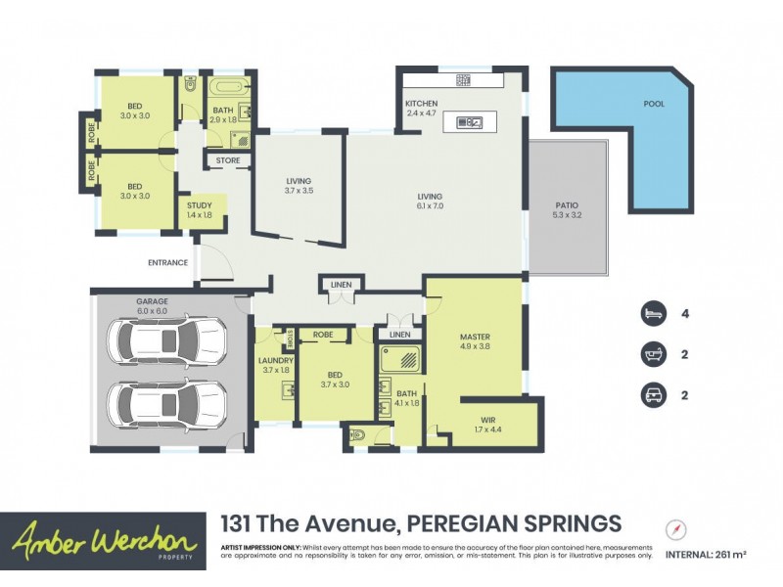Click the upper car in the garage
[165, 340]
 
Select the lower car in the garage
[165, 401]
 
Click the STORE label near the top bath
[227, 160]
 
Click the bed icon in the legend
[653, 314]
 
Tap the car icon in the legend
[653, 395]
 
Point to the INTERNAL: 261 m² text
[706, 555]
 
